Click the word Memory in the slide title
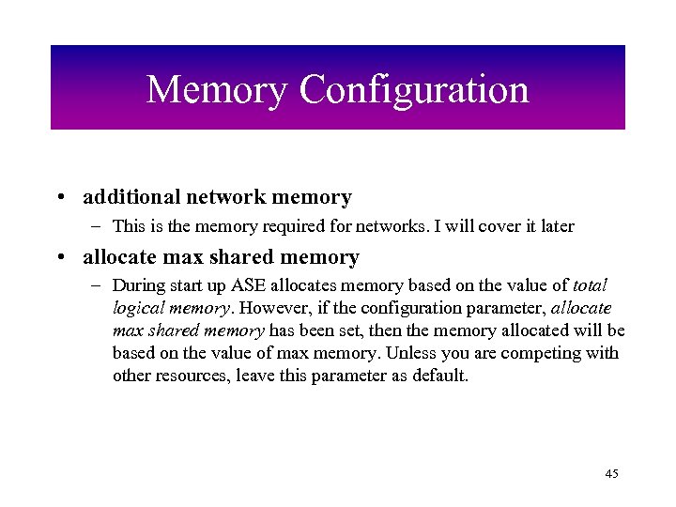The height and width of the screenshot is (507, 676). pyautogui.click(x=217, y=90)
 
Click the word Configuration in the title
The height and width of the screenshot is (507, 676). pyautogui.click(x=414, y=91)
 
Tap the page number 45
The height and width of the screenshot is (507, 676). pyautogui.click(x=611, y=474)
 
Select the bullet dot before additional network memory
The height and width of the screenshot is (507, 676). pyautogui.click(x=59, y=198)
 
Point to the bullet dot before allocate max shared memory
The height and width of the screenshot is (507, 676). pyautogui.click(x=59, y=257)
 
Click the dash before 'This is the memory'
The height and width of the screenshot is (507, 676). pyautogui.click(x=99, y=226)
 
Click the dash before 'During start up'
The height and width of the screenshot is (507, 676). pyautogui.click(x=99, y=285)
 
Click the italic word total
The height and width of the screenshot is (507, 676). pyautogui.click(x=589, y=285)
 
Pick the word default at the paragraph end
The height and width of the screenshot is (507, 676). pyautogui.click(x=440, y=376)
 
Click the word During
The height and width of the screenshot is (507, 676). pyautogui.click(x=137, y=285)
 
